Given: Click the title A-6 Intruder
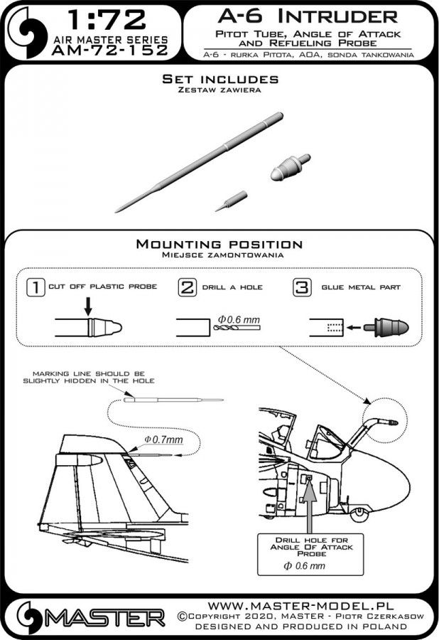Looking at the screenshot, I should (307, 15).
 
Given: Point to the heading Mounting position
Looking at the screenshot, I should (219, 244).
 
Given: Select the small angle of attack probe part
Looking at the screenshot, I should (232, 197).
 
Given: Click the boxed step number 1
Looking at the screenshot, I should (32, 288).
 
